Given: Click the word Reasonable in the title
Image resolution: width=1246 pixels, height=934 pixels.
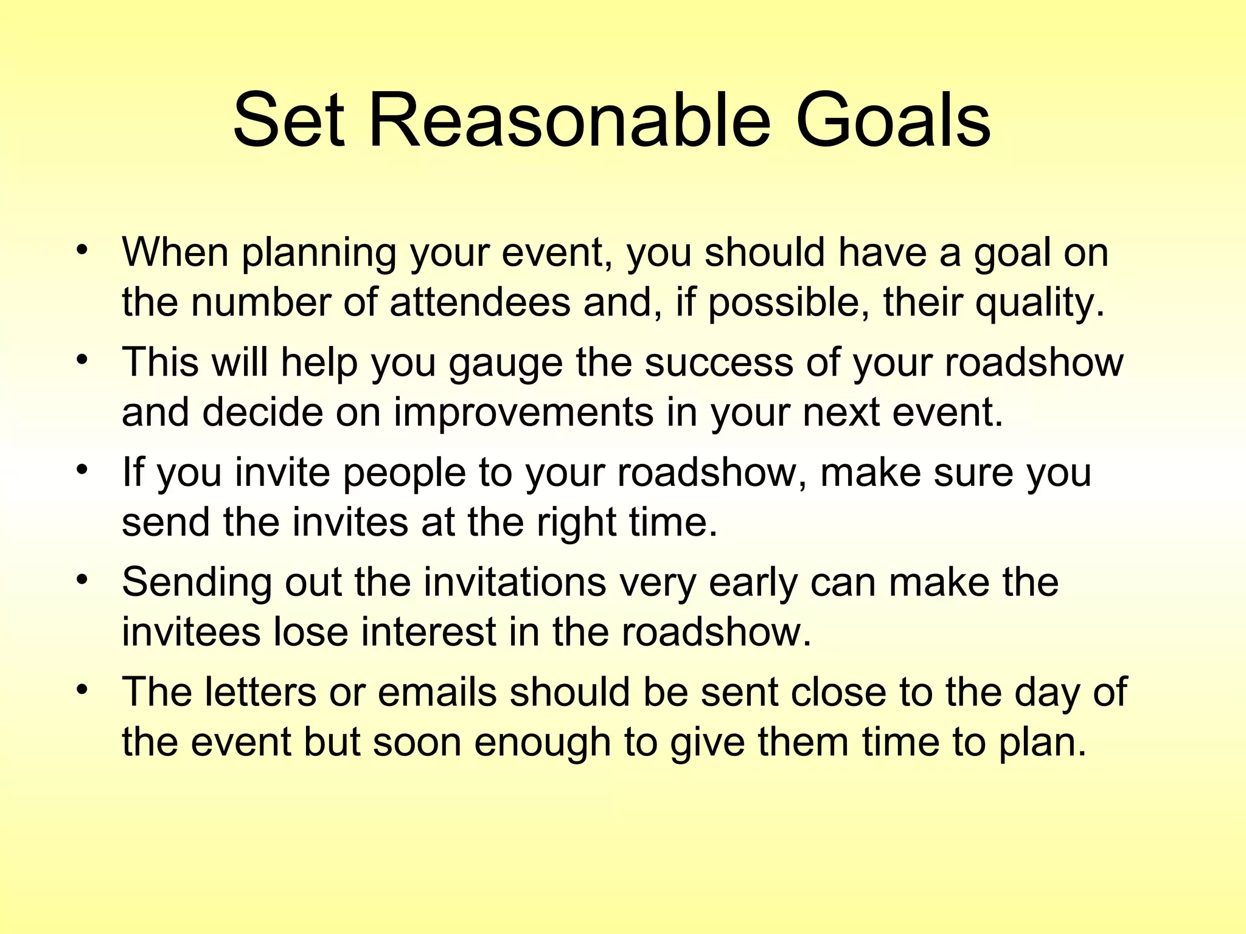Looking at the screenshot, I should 569,120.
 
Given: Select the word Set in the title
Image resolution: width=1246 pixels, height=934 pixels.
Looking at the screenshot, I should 288,120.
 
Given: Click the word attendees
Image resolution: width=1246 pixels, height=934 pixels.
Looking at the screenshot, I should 480,302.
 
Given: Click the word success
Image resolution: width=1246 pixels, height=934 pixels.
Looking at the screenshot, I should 719,362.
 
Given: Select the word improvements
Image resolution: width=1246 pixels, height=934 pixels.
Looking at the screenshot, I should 523,413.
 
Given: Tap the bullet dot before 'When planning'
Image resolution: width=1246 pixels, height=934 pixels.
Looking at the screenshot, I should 83,250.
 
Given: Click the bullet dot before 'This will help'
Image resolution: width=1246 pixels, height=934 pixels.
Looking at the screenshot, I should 83,360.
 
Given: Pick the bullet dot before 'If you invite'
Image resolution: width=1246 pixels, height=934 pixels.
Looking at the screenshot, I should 83,470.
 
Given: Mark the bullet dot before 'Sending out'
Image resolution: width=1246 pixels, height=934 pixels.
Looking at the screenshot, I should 83,580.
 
